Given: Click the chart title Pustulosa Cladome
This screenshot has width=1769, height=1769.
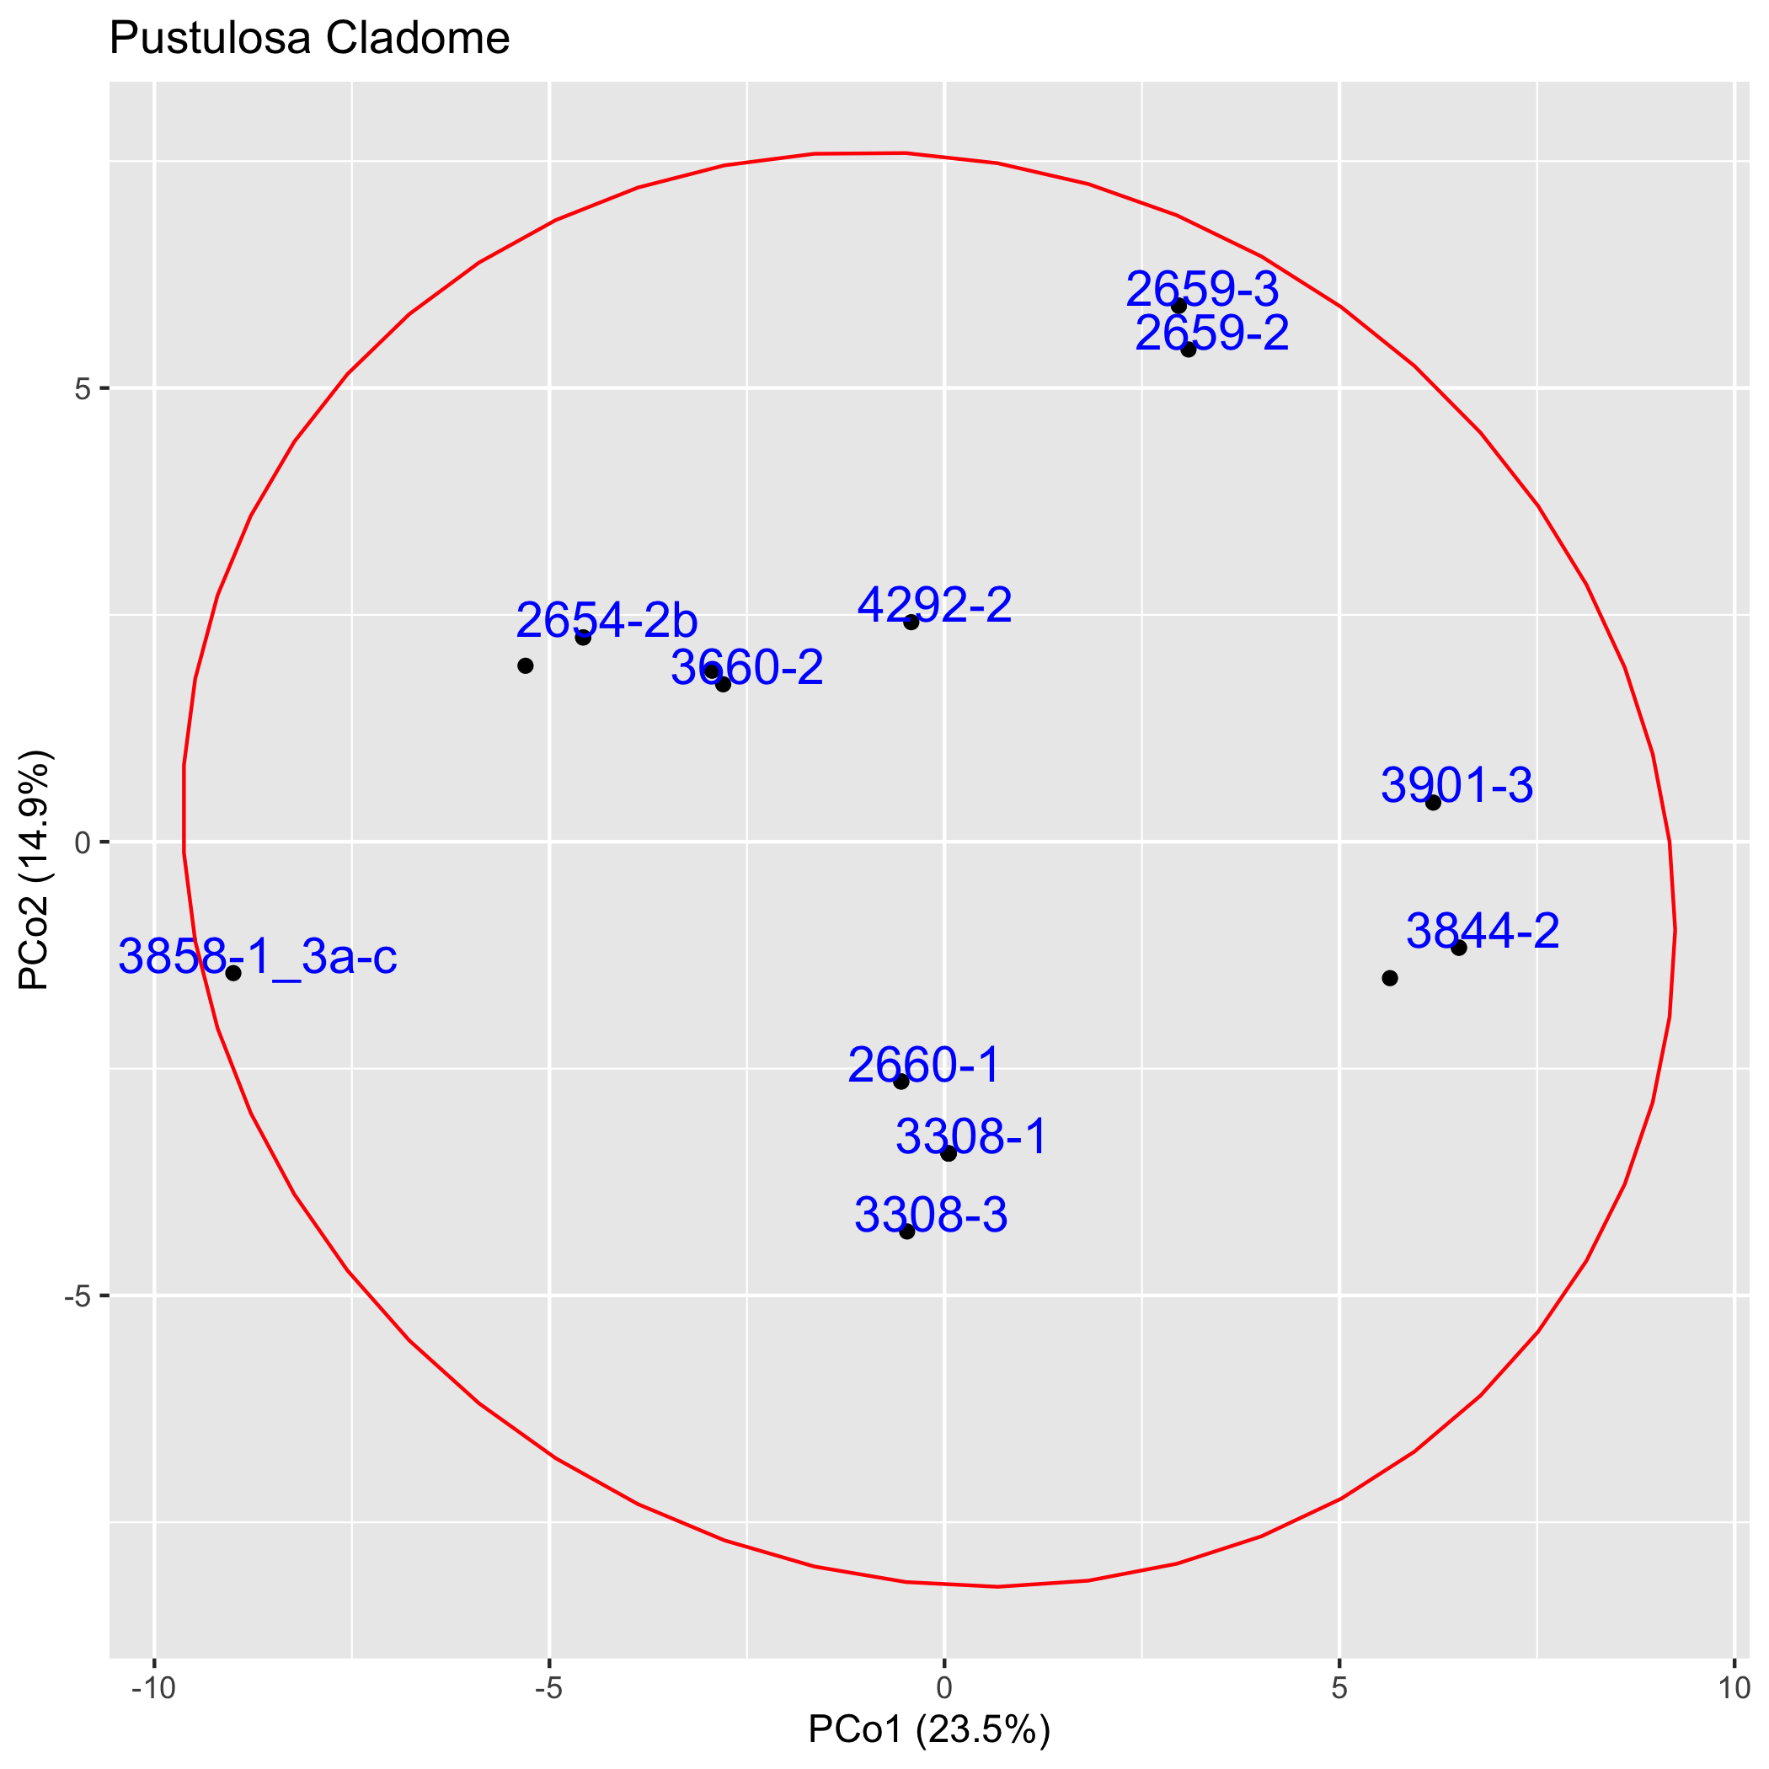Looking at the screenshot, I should point(309,40).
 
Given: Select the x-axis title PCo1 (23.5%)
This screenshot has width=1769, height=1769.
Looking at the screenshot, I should point(928,1729).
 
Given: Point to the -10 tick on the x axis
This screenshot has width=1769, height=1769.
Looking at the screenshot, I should point(154,1688).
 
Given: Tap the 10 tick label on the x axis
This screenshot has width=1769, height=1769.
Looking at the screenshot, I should point(1734,1688).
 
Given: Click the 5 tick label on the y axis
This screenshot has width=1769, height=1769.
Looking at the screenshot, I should point(85,389).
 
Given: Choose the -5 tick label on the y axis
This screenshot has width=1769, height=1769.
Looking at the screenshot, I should point(81,1296).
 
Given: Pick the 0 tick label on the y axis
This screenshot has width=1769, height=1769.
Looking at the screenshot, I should point(85,842).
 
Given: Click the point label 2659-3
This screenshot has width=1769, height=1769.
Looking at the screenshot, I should point(1201,291).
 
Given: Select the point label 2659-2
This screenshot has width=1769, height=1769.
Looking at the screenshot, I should point(1211,334).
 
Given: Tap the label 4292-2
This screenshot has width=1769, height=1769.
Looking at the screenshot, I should point(935,605).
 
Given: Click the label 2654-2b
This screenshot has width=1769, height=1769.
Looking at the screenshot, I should point(607,621).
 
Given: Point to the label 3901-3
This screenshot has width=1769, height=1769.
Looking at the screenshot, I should point(1456,786).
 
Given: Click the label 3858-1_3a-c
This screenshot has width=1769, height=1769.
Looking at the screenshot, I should point(259,958).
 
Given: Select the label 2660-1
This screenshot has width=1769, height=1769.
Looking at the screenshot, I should point(925,1066).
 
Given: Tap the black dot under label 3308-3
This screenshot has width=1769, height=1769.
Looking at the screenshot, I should point(907,1232).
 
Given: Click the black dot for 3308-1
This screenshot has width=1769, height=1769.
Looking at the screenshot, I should point(949,1152).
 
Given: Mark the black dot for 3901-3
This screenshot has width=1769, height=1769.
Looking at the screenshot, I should point(1433,803).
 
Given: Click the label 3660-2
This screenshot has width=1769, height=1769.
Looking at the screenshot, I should point(747,667).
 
